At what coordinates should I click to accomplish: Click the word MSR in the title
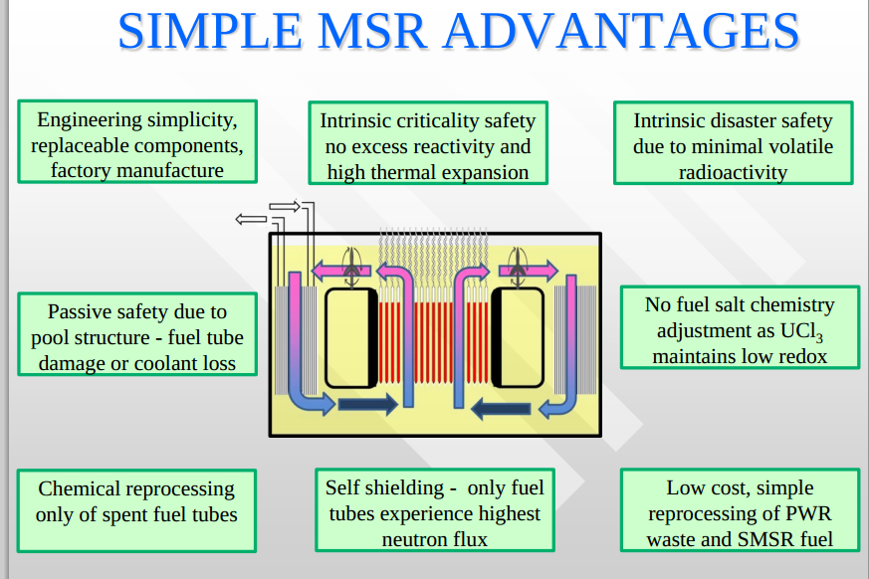click(373, 31)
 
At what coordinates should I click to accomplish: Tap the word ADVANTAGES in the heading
click(622, 31)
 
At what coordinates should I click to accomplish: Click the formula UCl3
click(801, 332)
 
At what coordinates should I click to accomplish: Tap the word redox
click(802, 357)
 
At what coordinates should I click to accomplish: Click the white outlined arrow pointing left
click(251, 220)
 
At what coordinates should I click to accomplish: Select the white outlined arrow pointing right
click(285, 207)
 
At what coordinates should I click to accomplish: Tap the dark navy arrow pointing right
click(367, 404)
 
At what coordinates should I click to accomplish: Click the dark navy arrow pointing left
click(501, 409)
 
